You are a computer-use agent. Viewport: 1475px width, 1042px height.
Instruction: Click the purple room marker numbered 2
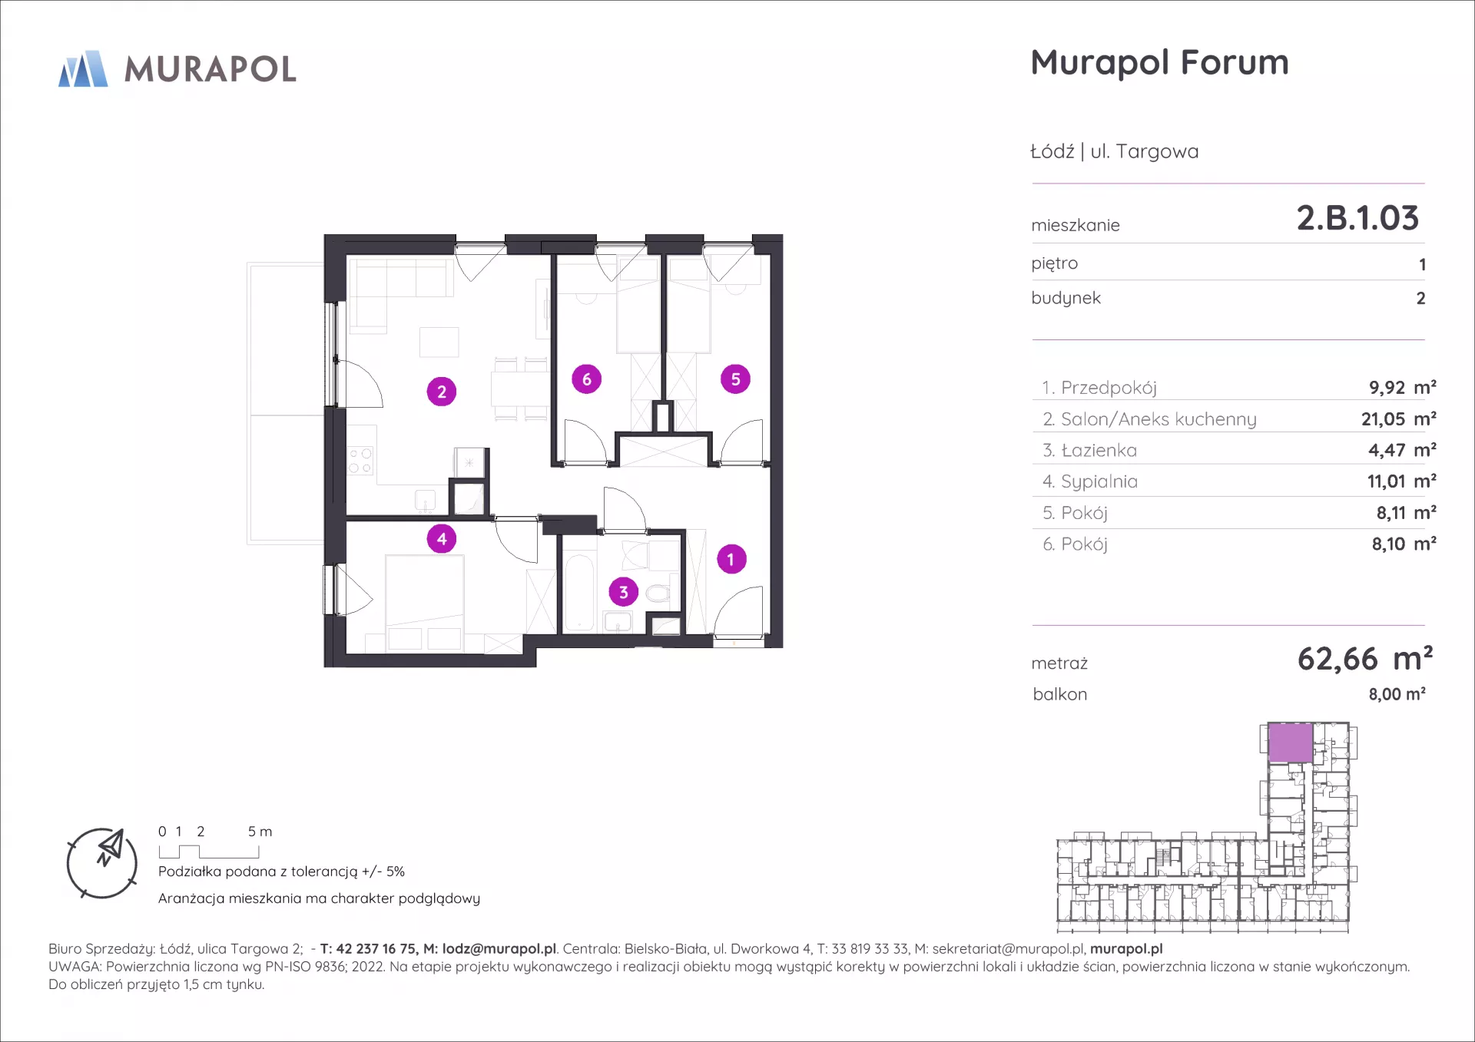click(442, 392)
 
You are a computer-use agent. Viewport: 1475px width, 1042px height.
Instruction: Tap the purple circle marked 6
click(587, 379)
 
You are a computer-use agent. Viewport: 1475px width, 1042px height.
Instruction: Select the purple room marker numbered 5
click(735, 379)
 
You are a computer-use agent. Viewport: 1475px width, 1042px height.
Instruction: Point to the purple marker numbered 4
click(442, 539)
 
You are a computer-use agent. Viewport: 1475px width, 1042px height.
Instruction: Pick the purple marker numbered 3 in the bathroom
click(624, 592)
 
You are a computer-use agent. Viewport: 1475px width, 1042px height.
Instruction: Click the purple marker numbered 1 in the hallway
click(731, 559)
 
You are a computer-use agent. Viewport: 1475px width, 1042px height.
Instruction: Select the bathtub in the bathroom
click(580, 592)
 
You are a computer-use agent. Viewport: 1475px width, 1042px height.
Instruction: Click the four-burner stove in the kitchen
click(360, 461)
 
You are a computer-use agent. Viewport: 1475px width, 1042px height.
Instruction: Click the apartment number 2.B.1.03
click(1357, 218)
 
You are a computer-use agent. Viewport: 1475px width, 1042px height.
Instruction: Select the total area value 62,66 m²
click(1365, 659)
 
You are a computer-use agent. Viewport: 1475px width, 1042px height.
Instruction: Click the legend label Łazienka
click(1099, 450)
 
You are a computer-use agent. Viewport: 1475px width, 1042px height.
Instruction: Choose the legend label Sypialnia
click(1099, 481)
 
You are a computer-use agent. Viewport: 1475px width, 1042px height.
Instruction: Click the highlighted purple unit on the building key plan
click(1290, 743)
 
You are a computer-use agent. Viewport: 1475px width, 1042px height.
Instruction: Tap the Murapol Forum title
click(1159, 63)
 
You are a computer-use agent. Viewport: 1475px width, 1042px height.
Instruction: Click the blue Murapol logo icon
click(83, 68)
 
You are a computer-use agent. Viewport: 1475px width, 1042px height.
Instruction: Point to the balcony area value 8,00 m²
click(1397, 694)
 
